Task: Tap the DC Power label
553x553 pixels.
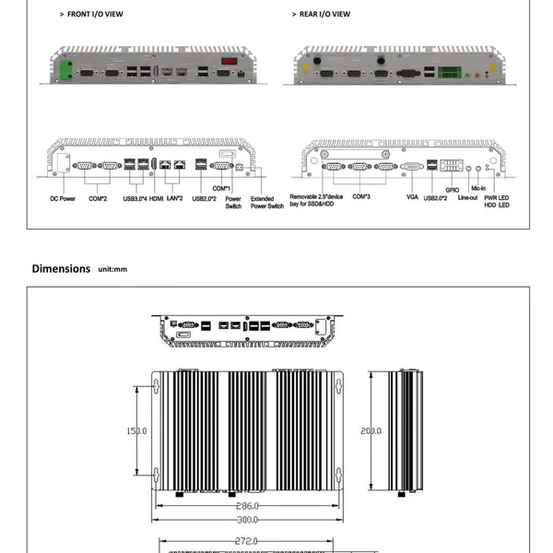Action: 63,198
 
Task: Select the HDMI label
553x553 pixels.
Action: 156,198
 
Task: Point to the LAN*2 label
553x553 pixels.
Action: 174,198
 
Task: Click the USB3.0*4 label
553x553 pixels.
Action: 135,198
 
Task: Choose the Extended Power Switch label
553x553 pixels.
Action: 267,203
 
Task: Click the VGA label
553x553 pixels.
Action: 412,197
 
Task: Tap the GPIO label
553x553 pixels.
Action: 453,190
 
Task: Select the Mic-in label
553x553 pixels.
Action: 478,188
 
